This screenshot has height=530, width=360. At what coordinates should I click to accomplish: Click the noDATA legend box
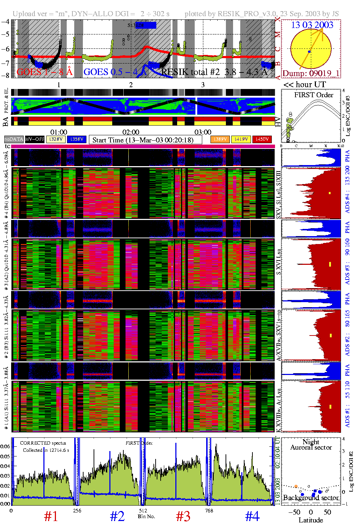(x=14, y=139)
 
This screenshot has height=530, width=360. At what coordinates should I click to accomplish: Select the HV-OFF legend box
(x=35, y=139)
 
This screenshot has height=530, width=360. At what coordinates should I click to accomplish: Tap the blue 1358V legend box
(x=77, y=139)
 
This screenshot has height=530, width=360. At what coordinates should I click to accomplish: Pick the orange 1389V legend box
(x=220, y=139)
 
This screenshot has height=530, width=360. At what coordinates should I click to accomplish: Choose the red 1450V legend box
(x=262, y=139)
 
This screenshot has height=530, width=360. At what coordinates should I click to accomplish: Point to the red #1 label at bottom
(x=51, y=517)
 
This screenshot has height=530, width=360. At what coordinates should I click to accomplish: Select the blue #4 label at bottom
(x=252, y=517)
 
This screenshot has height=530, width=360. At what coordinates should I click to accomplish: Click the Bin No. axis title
(x=146, y=516)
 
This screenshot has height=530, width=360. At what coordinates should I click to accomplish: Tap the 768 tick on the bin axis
(x=209, y=511)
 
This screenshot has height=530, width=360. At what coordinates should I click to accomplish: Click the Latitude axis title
(x=311, y=520)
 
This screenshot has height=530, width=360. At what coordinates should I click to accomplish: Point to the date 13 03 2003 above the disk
(x=312, y=25)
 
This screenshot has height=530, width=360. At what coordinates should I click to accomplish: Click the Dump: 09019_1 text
(x=311, y=74)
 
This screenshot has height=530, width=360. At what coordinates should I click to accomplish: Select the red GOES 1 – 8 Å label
(x=44, y=72)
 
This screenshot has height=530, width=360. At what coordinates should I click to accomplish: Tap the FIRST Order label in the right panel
(x=314, y=95)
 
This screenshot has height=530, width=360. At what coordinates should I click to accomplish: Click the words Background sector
(x=311, y=498)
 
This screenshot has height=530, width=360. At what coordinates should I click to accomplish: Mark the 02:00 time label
(x=131, y=132)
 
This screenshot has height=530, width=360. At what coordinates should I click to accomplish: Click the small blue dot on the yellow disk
(x=309, y=52)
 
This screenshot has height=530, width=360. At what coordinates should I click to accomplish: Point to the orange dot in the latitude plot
(x=296, y=486)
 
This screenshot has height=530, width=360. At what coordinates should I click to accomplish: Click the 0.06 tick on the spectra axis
(x=5, y=446)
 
